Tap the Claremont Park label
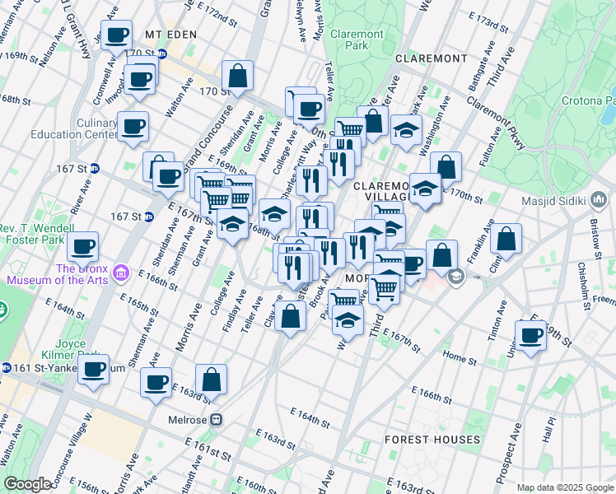tap(357, 40)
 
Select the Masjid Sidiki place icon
tap(599, 201)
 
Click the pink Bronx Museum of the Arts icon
tap(123, 272)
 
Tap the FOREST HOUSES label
tap(432, 440)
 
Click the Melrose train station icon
tap(217, 418)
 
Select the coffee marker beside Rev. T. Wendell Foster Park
tap(82, 245)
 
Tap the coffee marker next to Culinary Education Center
tap(133, 127)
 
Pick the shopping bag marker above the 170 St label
tap(237, 76)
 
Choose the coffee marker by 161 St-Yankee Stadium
tap(93, 368)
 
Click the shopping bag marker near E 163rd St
tap(212, 380)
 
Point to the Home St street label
tap(455, 357)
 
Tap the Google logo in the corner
tap(28, 484)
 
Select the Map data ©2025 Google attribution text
tap(564, 487)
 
